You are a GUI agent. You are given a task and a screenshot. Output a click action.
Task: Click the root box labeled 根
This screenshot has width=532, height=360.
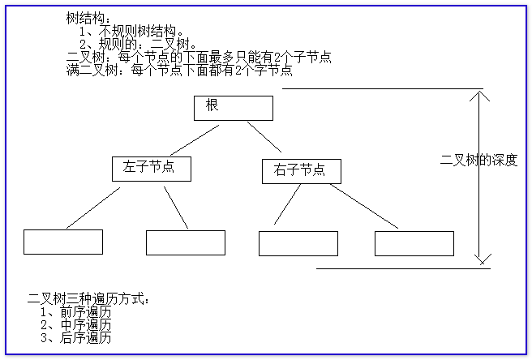pos(234,108)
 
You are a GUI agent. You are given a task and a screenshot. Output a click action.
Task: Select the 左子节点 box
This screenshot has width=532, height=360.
pos(152,169)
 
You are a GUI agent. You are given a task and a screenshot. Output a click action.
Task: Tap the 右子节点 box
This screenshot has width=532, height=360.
pos(302,171)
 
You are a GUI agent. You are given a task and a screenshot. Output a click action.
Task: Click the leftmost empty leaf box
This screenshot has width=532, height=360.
pos(63,242)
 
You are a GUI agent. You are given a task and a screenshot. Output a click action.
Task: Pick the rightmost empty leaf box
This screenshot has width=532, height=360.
pos(414,243)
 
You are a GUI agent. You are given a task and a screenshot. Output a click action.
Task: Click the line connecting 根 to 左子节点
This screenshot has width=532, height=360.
pos(195,140)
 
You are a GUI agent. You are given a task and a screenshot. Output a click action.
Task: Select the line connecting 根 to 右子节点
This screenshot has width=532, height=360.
pos(264,137)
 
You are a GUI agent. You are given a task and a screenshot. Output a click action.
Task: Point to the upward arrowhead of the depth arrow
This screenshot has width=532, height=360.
pos(479,96)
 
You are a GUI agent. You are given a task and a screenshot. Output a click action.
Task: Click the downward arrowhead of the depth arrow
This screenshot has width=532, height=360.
pos(482,259)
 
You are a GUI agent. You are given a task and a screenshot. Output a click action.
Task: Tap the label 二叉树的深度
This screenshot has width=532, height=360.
pos(478,161)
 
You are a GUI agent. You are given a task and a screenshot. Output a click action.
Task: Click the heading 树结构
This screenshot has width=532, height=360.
pos(88,18)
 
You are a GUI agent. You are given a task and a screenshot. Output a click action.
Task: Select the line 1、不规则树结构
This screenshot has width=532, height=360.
pos(131,31)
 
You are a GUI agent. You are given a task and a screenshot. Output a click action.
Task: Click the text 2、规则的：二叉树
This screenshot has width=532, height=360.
pos(137,44)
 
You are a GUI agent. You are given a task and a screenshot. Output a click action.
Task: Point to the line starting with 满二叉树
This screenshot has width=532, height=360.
pos(179,71)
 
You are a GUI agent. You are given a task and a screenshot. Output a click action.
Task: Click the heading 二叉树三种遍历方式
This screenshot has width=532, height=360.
pos(88,299)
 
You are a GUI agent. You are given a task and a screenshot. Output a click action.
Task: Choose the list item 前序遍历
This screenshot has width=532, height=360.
pos(76,312)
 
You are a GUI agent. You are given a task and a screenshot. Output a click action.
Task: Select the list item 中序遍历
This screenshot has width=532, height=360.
pos(76,324)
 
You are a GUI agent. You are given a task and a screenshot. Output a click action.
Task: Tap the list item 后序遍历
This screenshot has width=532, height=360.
pos(76,337)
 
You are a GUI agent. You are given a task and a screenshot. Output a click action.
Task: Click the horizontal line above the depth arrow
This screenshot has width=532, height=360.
pos(383,89)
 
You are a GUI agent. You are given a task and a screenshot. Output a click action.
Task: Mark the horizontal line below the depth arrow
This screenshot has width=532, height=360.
pos(403,268)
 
